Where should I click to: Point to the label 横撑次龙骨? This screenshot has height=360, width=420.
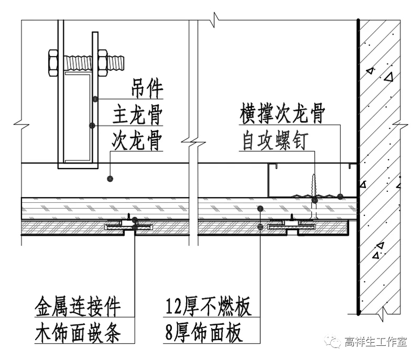282,114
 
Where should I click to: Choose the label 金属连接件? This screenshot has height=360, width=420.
78,306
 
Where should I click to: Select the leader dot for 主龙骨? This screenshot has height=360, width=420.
93,126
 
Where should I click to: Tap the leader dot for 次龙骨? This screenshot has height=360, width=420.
110,179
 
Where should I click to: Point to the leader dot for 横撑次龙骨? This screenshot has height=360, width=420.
341,197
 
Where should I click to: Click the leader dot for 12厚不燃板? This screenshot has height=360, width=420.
260,209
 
